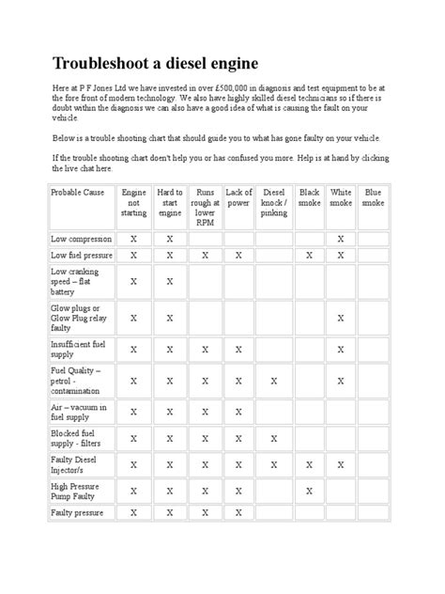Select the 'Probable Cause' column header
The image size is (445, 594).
tap(79, 192)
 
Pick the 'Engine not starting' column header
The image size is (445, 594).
tap(134, 202)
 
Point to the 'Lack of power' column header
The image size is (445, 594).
tap(238, 197)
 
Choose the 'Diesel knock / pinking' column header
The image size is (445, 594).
tap(273, 202)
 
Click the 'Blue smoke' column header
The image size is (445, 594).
tap(373, 197)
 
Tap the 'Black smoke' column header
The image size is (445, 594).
tap(309, 197)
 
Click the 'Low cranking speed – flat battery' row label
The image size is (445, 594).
tap(79, 281)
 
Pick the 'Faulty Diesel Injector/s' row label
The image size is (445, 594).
tap(80, 464)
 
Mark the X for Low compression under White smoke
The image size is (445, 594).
tap(341, 239)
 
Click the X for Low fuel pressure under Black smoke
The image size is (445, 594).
tap(309, 255)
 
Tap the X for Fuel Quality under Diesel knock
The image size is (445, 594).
tap(273, 381)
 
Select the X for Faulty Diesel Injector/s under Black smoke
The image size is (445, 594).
tap(309, 464)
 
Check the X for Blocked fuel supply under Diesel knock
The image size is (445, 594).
tap(273, 438)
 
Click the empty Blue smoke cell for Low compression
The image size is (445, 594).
tap(373, 239)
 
